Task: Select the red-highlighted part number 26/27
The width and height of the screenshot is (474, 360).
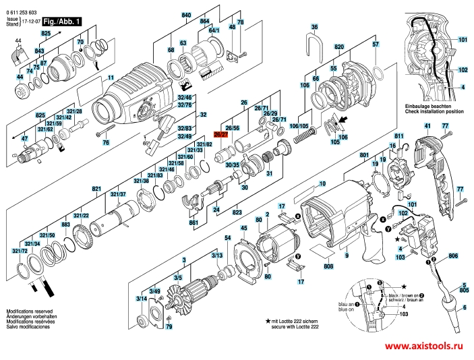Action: pos(220,135)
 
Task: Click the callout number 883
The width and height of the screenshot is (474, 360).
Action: pos(66,224)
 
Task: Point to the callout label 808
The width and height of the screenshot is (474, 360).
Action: pos(328,267)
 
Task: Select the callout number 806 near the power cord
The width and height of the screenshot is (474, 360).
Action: pos(452,256)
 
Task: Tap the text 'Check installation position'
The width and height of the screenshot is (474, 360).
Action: pos(434,111)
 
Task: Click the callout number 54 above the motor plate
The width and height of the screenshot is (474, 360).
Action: pos(228,239)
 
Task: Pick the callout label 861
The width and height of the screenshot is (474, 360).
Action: pos(194,222)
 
